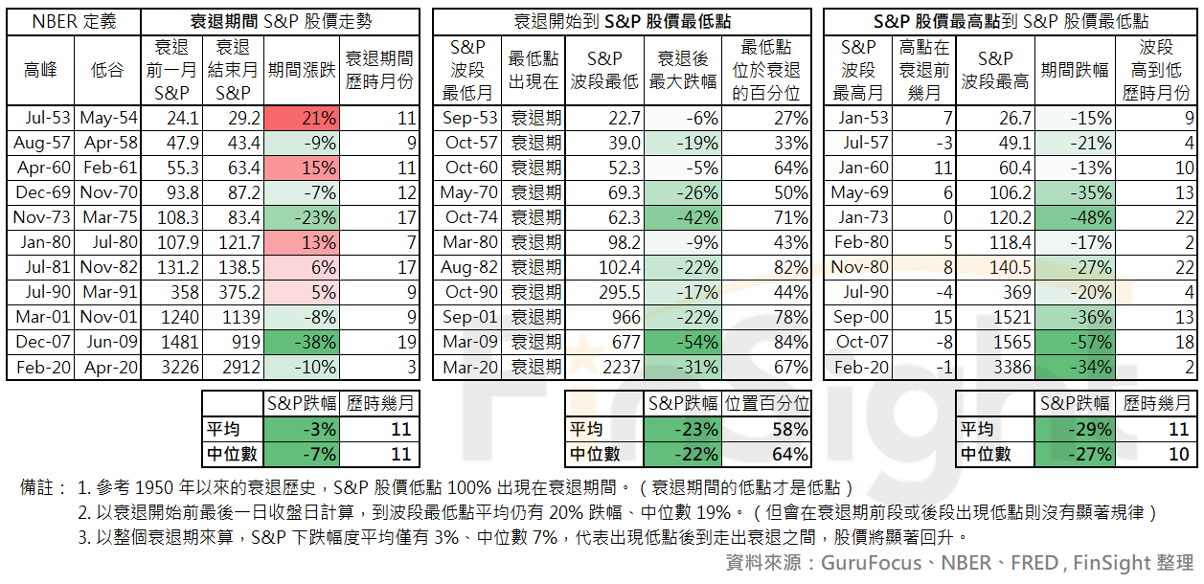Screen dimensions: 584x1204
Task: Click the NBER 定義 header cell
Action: pos(74,21)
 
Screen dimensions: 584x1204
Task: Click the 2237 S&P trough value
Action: pos(604,367)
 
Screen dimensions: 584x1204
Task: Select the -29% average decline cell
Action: pos(1074,429)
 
